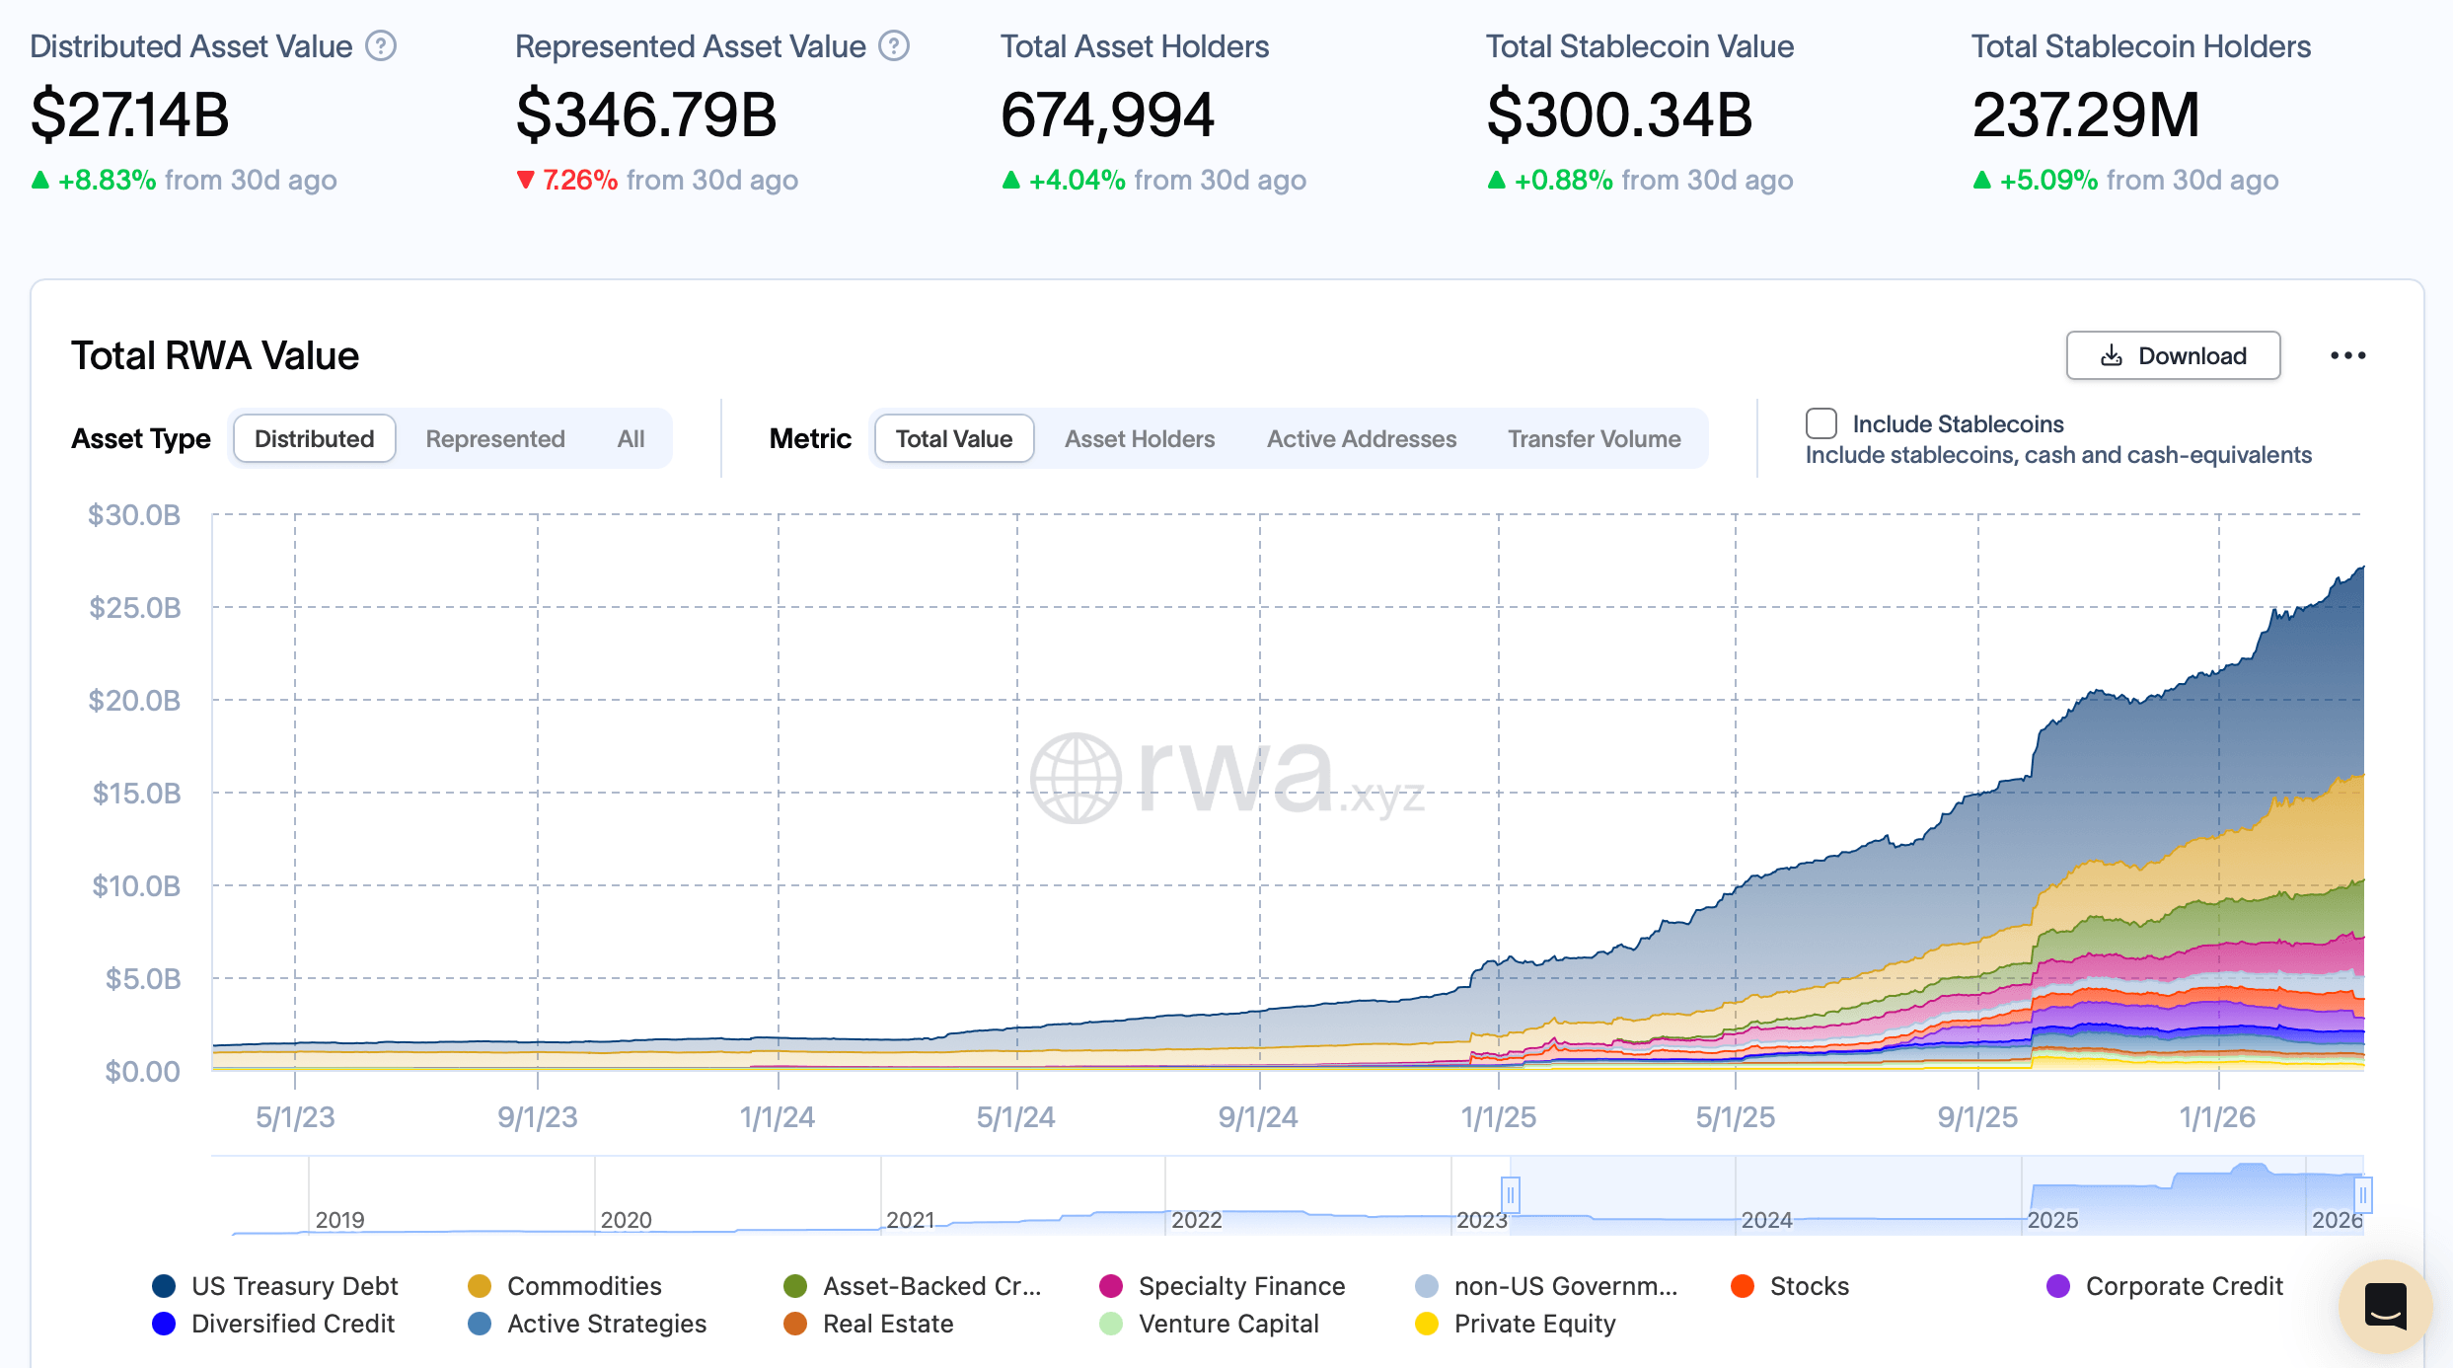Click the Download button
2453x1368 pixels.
tap(2173, 355)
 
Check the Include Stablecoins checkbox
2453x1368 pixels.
tap(1821, 423)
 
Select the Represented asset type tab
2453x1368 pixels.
tap(495, 439)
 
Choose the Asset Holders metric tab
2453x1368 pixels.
tap(1140, 439)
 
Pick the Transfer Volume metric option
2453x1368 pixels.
tap(1594, 439)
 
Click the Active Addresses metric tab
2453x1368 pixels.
tap(1361, 439)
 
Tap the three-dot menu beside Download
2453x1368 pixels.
tap(2347, 355)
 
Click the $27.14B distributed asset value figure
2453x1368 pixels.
tap(130, 114)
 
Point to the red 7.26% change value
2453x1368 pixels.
tap(580, 180)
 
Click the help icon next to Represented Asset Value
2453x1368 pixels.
tap(894, 46)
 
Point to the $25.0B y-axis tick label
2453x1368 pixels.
tap(135, 608)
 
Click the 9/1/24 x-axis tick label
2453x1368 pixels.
tap(1258, 1117)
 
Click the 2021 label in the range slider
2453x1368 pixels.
tap(910, 1220)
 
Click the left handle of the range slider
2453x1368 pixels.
tap(1510, 1195)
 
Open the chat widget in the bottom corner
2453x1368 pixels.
tap(2385, 1306)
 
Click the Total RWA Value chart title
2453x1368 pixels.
tap(215, 355)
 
